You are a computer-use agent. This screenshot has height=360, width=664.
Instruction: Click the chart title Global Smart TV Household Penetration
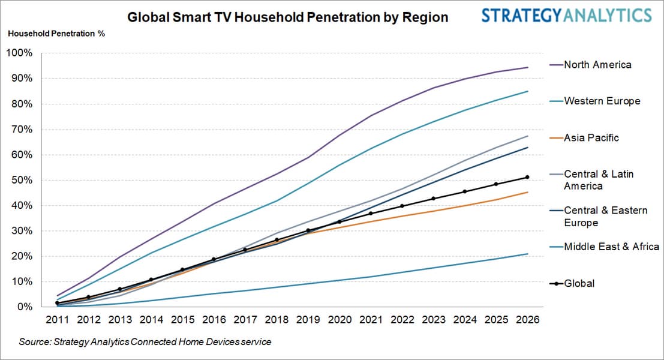[288, 17]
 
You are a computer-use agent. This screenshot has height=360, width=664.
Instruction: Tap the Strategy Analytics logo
[566, 15]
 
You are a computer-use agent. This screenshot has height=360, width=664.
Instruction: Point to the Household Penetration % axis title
[56, 33]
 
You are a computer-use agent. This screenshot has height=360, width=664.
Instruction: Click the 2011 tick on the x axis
[56, 320]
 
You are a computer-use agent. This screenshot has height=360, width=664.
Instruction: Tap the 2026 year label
[527, 320]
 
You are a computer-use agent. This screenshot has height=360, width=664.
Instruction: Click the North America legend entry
[597, 65]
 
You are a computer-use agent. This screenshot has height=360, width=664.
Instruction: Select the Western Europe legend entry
[602, 101]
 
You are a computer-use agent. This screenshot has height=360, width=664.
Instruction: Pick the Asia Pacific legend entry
[591, 137]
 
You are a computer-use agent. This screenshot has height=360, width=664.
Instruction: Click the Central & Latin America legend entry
[598, 180]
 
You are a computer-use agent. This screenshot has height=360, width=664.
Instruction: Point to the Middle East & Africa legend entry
[611, 247]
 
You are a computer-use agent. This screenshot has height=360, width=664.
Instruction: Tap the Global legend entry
[579, 283]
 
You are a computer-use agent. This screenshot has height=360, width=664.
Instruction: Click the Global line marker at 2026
[527, 177]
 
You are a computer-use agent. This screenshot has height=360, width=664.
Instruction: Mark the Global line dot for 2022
[401, 206]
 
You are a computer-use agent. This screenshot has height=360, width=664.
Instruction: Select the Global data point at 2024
[464, 192]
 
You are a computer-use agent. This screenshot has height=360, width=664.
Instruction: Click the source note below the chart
[145, 342]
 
